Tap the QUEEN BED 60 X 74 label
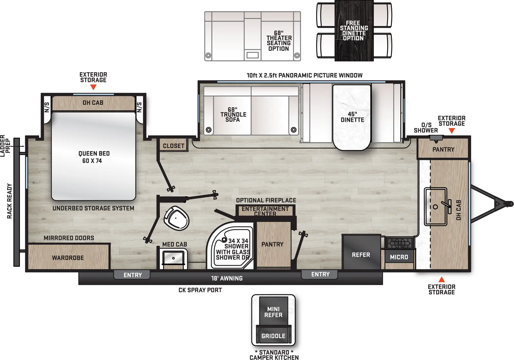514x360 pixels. tap(93, 157)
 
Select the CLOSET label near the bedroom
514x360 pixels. tap(173, 146)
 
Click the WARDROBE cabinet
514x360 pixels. tap(68, 257)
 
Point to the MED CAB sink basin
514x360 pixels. tap(173, 258)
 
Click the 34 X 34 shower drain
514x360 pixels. tap(224, 240)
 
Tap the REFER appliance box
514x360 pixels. tap(361, 255)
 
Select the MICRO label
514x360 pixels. tap(399, 257)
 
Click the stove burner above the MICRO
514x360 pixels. tap(399, 243)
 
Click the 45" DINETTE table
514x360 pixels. tap(352, 117)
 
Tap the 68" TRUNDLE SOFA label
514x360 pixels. tap(233, 115)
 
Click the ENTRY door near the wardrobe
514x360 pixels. tap(132, 275)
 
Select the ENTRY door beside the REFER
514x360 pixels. tap(320, 274)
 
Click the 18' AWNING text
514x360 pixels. tap(227, 278)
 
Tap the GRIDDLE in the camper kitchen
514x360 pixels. tap(273, 336)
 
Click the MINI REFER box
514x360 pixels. tap(273, 312)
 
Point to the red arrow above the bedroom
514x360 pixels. tap(93, 87)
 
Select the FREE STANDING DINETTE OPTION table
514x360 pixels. tap(354, 31)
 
